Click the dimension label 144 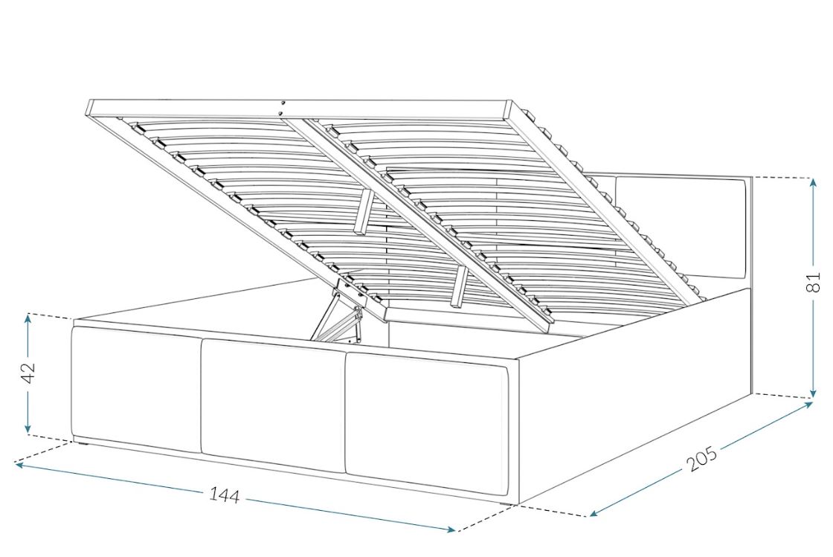pyautogui.click(x=224, y=495)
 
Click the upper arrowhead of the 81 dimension pyautogui.click(x=813, y=183)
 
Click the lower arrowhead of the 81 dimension pyautogui.click(x=813, y=393)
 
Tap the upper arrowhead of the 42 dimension pyautogui.click(x=28, y=318)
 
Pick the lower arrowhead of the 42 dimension pyautogui.click(x=28, y=428)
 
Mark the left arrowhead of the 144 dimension pyautogui.click(x=19, y=465)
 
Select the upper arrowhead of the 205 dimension pyautogui.click(x=808, y=405)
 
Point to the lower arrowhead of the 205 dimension pyautogui.click(x=594, y=513)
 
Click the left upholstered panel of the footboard pyautogui.click(x=136, y=389)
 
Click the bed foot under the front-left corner pyautogui.click(x=81, y=441)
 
